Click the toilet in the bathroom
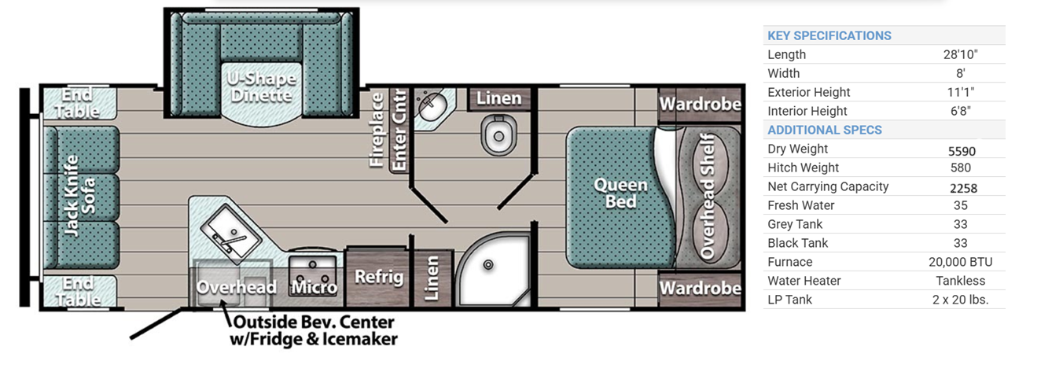[498, 134]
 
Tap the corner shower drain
[488, 265]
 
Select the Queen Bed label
[620, 193]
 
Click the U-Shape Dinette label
[262, 87]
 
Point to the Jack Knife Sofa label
[79, 195]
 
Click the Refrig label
[379, 277]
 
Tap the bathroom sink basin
[432, 106]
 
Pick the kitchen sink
[231, 235]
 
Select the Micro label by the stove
[314, 287]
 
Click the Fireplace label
[377, 130]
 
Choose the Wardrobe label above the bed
[700, 104]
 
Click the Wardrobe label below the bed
[700, 288]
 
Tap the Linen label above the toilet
[498, 98]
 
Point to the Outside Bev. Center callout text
[314, 330]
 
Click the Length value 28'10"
[961, 54]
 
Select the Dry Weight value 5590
[962, 151]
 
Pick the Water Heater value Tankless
[961, 281]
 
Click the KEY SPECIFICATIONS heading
[829, 35]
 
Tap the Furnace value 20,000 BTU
[961, 262]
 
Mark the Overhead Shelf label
[707, 197]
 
